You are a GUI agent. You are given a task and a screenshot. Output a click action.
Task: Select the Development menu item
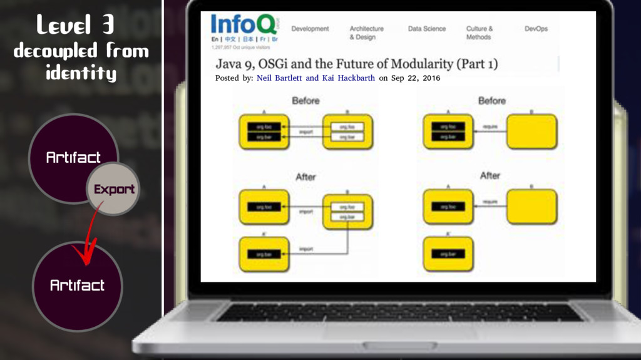pyautogui.click(x=310, y=29)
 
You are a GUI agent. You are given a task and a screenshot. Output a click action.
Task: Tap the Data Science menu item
pyautogui.click(x=427, y=29)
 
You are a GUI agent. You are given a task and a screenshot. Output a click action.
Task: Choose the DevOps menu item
pyautogui.click(x=536, y=29)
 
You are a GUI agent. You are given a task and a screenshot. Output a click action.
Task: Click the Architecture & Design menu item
pyautogui.click(x=366, y=33)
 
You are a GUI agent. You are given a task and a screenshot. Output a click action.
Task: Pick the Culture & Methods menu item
pyautogui.click(x=479, y=33)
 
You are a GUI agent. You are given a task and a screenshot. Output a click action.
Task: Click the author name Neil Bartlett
pyautogui.click(x=280, y=78)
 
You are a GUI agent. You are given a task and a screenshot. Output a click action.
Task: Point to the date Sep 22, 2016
pyautogui.click(x=416, y=78)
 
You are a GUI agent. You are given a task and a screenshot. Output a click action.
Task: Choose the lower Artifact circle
pyautogui.click(x=77, y=285)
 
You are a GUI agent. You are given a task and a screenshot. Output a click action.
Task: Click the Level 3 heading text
pyautogui.click(x=74, y=25)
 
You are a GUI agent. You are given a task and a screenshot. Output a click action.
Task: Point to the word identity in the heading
pyautogui.click(x=81, y=74)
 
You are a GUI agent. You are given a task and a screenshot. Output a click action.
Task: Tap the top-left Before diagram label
pyautogui.click(x=305, y=100)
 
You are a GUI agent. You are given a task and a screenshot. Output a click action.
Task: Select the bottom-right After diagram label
pyautogui.click(x=490, y=176)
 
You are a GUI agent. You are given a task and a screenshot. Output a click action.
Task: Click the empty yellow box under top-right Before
pyautogui.click(x=531, y=131)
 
